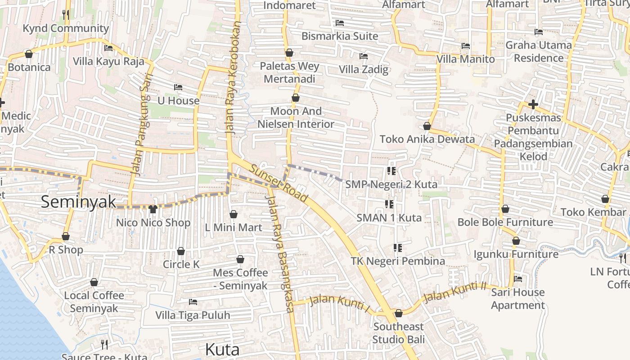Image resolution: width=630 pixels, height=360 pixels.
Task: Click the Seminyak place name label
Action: [x=79, y=202]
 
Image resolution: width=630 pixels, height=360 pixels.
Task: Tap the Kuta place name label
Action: [x=222, y=349]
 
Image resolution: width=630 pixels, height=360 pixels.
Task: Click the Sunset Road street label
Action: [x=279, y=184]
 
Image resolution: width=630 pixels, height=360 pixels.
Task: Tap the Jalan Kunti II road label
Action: [x=455, y=292]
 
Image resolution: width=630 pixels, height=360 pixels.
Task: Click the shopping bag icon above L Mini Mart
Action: [x=233, y=214]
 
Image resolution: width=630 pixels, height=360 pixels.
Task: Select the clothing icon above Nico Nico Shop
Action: [x=153, y=209]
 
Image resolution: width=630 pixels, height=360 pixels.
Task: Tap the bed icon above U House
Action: [x=178, y=87]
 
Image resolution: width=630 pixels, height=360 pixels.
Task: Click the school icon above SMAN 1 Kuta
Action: [x=389, y=205]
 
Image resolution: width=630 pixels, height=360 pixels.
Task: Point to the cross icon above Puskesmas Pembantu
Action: [x=533, y=105]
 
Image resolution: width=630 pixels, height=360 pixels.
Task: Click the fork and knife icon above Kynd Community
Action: [x=66, y=14]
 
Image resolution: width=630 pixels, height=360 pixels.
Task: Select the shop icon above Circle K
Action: [x=181, y=251]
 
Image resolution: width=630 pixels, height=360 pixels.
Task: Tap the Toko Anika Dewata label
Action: [x=427, y=139]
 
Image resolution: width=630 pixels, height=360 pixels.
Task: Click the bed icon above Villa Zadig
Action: [x=364, y=56]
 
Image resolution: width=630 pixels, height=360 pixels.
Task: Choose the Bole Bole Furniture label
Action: [x=505, y=222]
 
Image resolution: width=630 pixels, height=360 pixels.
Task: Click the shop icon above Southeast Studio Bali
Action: [x=398, y=313]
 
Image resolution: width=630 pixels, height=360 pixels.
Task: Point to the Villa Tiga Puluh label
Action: [x=193, y=315]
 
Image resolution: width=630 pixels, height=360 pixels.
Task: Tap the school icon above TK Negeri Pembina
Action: [x=397, y=248]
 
